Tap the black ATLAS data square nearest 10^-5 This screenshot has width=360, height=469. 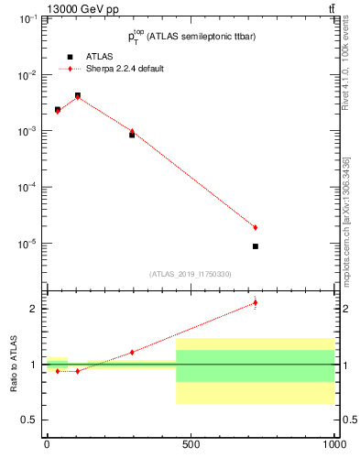(256, 246)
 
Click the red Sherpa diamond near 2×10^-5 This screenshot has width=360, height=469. (256, 227)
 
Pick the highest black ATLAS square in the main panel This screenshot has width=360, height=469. (78, 95)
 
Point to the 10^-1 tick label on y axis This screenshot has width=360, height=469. (27, 19)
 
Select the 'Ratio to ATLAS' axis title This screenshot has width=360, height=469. (14, 364)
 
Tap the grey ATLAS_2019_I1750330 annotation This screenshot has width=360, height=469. (190, 274)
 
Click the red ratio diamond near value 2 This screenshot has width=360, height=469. (256, 302)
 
